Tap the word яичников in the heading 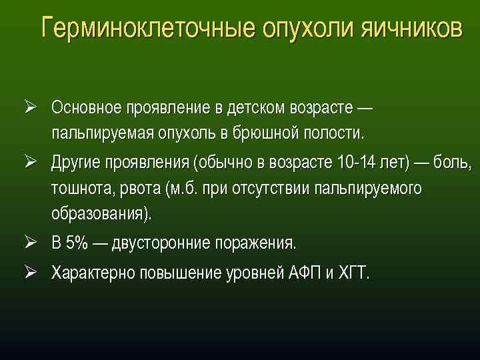[x=411, y=29]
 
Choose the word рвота [x=138, y=189]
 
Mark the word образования [x=100, y=214]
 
